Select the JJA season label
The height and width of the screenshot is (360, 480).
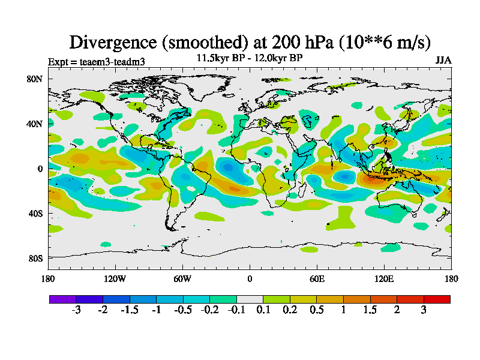[x=443, y=61]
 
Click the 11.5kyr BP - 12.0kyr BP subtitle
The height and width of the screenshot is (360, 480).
[x=250, y=58]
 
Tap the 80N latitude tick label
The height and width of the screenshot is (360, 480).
[x=35, y=79]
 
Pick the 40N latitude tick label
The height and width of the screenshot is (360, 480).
[x=35, y=124]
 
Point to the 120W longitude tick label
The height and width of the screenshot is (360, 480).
[x=115, y=278]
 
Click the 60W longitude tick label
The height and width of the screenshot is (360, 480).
[x=182, y=278]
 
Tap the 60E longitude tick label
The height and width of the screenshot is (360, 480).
[x=317, y=278]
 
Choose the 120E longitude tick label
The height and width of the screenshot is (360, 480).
[x=384, y=278]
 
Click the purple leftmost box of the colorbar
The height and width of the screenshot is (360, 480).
[x=62, y=299]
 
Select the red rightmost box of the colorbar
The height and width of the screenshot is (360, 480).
[x=437, y=299]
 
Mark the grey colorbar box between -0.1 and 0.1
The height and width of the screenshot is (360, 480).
[x=250, y=299]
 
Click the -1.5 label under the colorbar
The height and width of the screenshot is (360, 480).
[x=129, y=310]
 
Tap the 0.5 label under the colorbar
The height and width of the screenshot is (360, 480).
[x=317, y=310]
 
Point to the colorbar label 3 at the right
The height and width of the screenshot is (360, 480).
[x=424, y=310]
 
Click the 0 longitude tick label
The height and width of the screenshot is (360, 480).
[x=250, y=278]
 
